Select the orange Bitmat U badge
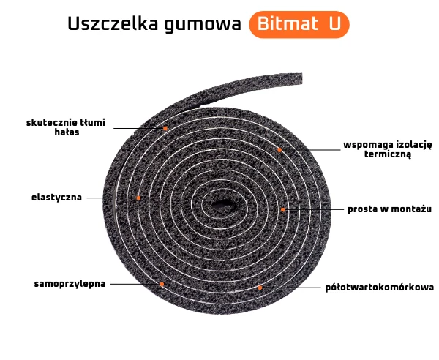point(299,24)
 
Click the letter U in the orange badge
point(334,24)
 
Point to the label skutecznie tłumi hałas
point(66,127)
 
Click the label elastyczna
point(56,198)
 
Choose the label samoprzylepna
point(70,283)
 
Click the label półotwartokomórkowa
point(380,288)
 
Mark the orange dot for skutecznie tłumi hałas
point(165,128)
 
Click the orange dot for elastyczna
point(138,198)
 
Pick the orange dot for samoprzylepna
point(162,284)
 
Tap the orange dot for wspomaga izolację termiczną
point(279,149)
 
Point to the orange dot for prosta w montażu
point(283,209)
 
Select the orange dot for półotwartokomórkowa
point(260,288)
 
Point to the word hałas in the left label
point(66,132)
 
